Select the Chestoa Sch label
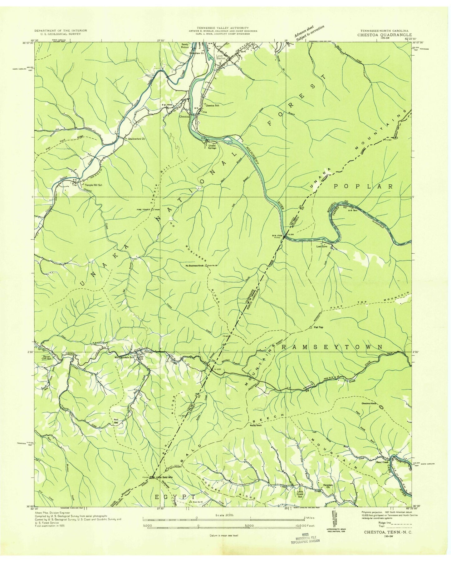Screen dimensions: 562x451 212,106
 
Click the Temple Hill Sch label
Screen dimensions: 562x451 94,185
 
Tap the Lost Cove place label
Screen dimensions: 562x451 323,246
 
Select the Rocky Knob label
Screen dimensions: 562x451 256,425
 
